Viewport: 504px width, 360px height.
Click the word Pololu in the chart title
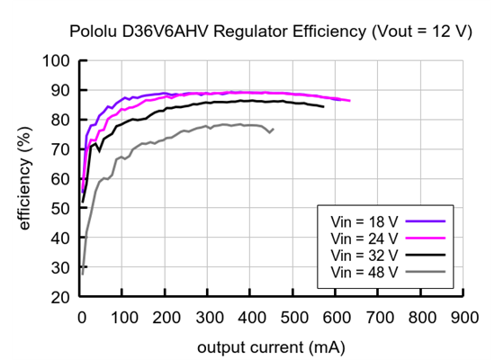[x=94, y=31]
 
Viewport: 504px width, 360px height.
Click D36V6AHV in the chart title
[x=160, y=31]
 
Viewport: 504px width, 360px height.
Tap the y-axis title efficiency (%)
[x=24, y=177]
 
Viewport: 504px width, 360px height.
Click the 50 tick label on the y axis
[x=60, y=209]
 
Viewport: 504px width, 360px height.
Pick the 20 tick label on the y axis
[x=60, y=297]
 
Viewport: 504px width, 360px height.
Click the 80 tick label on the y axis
[x=60, y=121]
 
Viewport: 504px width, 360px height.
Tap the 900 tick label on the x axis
[x=464, y=318]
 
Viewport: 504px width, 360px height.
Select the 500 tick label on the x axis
[x=294, y=318]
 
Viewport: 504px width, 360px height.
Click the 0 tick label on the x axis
[x=81, y=318]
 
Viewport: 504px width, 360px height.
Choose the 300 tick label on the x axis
[x=209, y=318]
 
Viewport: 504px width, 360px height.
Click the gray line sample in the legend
[x=427, y=271]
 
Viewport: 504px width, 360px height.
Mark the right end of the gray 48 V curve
[x=274, y=130]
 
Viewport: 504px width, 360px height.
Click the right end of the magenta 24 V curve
[x=349, y=101]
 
